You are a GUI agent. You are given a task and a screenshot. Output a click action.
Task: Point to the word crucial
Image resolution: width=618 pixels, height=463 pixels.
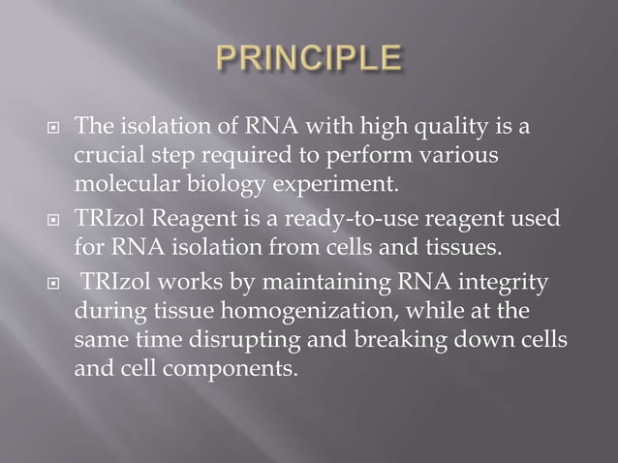[104, 155]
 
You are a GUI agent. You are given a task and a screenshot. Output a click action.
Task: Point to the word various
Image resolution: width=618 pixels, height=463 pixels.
[467, 155]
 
